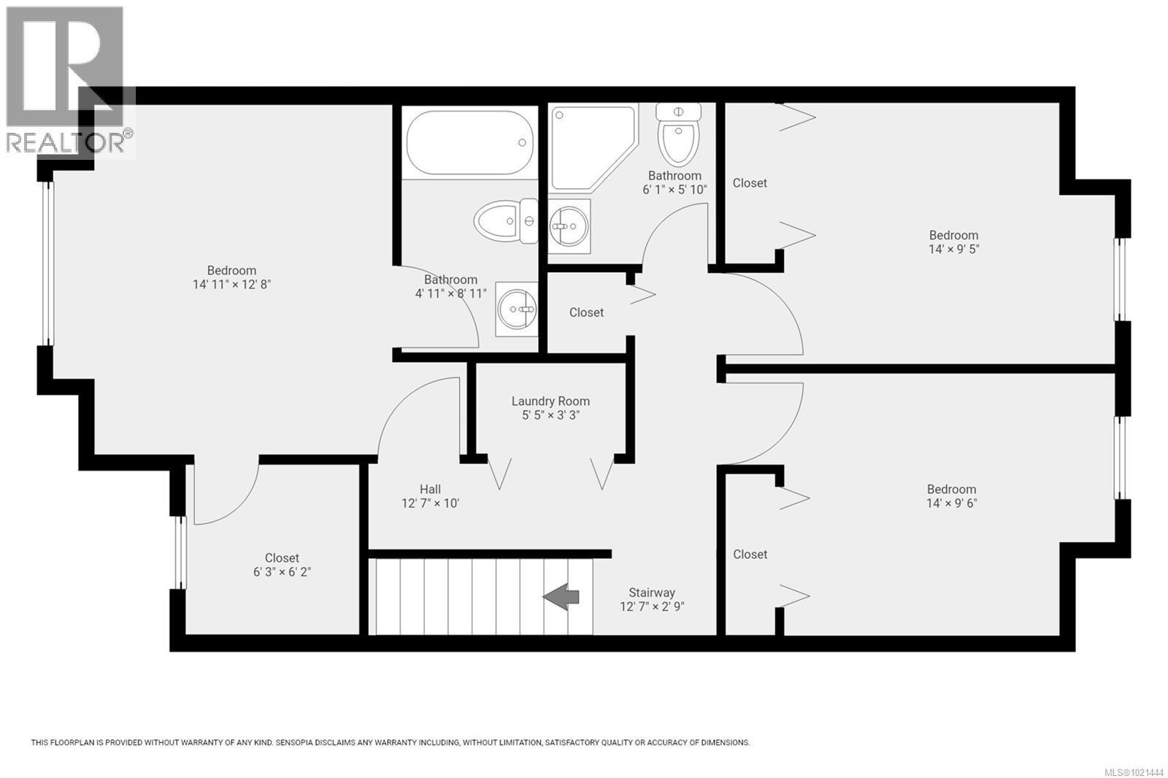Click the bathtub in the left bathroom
click(x=468, y=142)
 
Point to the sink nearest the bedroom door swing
click(x=517, y=309)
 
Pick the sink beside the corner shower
click(x=569, y=226)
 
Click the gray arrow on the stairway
click(x=561, y=596)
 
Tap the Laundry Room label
click(x=550, y=401)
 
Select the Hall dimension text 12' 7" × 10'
click(x=430, y=503)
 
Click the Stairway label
click(x=652, y=593)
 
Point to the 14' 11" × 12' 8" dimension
click(x=231, y=284)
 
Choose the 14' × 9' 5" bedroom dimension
click(x=953, y=249)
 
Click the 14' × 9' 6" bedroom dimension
click(x=951, y=503)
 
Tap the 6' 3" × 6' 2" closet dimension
click(x=282, y=572)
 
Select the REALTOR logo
click(x=67, y=80)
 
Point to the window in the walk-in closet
click(x=180, y=552)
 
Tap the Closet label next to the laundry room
click(x=586, y=312)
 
